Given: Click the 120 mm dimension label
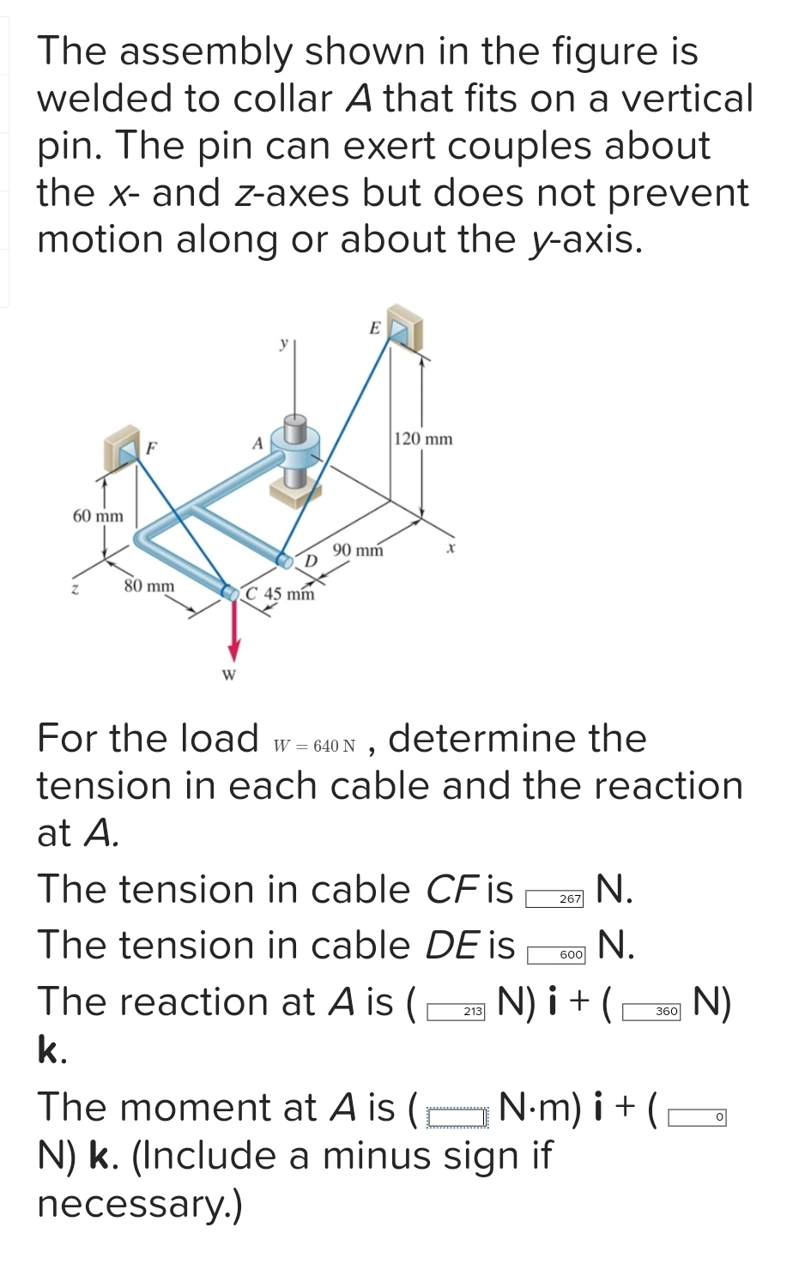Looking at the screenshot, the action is pyautogui.click(x=423, y=439).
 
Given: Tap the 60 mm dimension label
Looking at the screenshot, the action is pyautogui.click(x=98, y=516).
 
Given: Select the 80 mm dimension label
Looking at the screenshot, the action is pyautogui.click(x=148, y=586).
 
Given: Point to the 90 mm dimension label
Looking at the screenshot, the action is pyautogui.click(x=357, y=550).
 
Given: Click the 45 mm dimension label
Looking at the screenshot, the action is pyautogui.click(x=289, y=594).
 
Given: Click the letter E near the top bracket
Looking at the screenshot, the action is pyautogui.click(x=374, y=328).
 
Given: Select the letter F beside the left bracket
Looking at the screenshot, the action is pyautogui.click(x=151, y=447).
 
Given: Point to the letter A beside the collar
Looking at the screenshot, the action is pyautogui.click(x=256, y=444).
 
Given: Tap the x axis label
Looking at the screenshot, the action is pyautogui.click(x=448, y=547).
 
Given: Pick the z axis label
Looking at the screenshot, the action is pyautogui.click(x=76, y=590).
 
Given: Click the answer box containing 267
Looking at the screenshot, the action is pyautogui.click(x=554, y=898).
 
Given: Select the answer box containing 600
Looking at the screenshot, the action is pyautogui.click(x=556, y=954).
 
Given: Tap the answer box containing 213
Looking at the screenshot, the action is pyautogui.click(x=457, y=1012).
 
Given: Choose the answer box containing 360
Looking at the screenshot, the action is pyautogui.click(x=651, y=1012).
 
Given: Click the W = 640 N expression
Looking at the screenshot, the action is pyautogui.click(x=314, y=746).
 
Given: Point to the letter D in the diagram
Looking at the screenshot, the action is pyautogui.click(x=312, y=560).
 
